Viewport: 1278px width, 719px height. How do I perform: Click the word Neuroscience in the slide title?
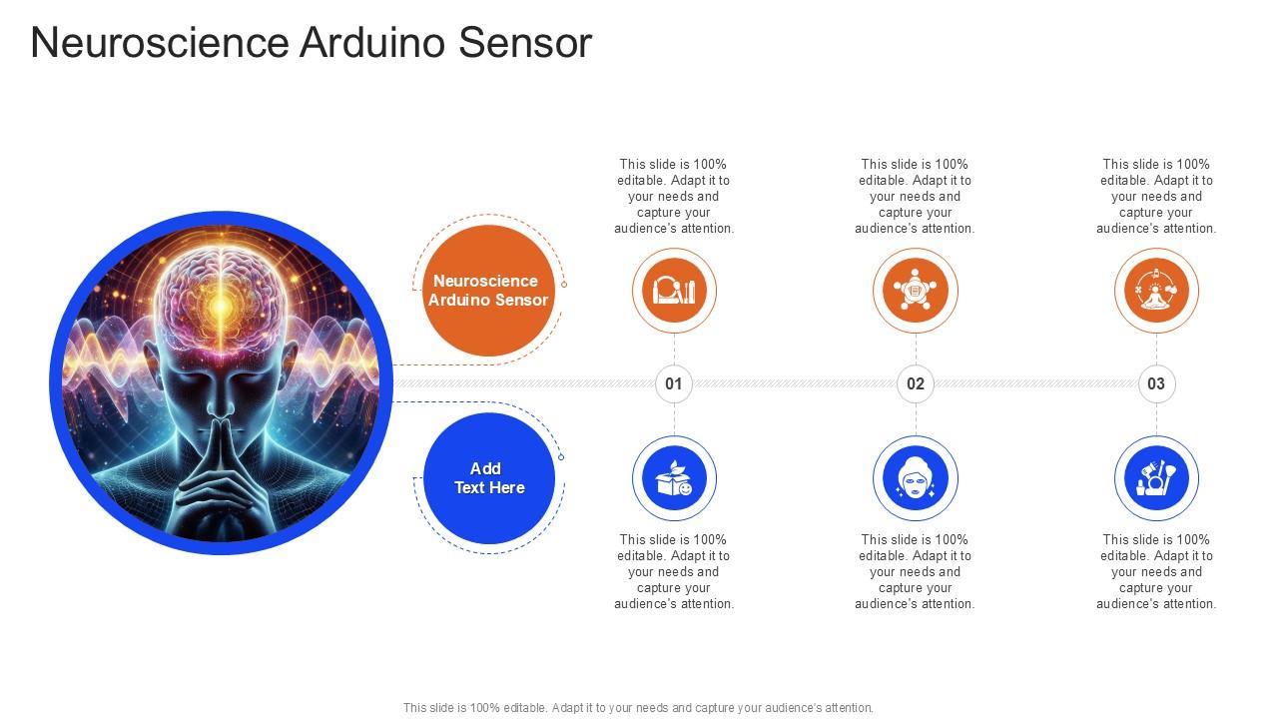click(x=160, y=42)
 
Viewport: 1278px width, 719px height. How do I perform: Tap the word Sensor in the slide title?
click(x=525, y=42)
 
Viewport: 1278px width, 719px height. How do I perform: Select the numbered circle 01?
click(x=674, y=383)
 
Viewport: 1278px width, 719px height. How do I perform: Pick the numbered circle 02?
click(x=916, y=383)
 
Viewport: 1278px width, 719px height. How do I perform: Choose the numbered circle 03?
click(x=1156, y=383)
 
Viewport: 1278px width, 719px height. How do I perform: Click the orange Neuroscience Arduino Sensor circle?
click(x=489, y=291)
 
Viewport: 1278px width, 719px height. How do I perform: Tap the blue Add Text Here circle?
click(x=489, y=478)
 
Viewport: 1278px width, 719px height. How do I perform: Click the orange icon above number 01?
click(x=674, y=291)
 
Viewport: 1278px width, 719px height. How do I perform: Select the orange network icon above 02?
click(x=916, y=291)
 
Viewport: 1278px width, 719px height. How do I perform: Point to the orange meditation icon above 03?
click(x=1156, y=291)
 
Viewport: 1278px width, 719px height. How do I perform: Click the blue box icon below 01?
click(x=674, y=478)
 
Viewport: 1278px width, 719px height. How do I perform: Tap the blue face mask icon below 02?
click(x=916, y=478)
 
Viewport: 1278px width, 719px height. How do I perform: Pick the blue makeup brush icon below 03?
click(x=1156, y=478)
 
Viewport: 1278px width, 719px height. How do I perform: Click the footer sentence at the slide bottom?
click(x=638, y=708)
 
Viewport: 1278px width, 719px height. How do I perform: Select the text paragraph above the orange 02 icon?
click(x=915, y=197)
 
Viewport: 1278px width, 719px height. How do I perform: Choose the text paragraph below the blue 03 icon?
click(x=1156, y=572)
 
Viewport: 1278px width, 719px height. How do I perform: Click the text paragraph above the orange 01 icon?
click(x=674, y=197)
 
